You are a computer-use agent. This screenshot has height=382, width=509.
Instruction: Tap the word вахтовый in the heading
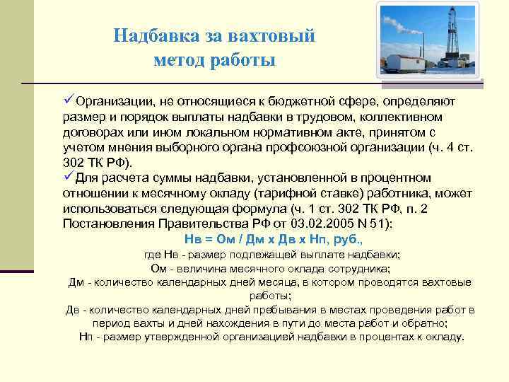(x=275, y=35)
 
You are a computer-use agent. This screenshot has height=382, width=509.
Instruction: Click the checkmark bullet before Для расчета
(x=69, y=176)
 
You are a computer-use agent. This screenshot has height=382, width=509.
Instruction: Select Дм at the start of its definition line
(x=76, y=282)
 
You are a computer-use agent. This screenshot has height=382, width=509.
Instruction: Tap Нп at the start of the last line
(x=86, y=336)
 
